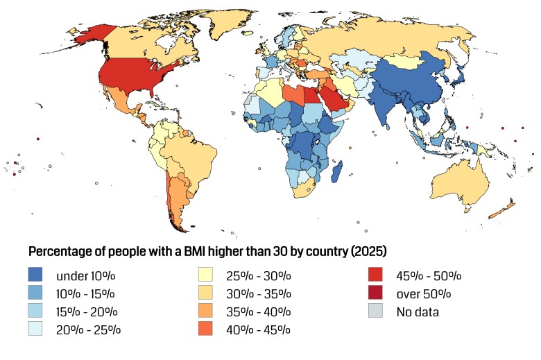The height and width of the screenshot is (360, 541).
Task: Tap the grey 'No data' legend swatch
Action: (379, 311)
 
